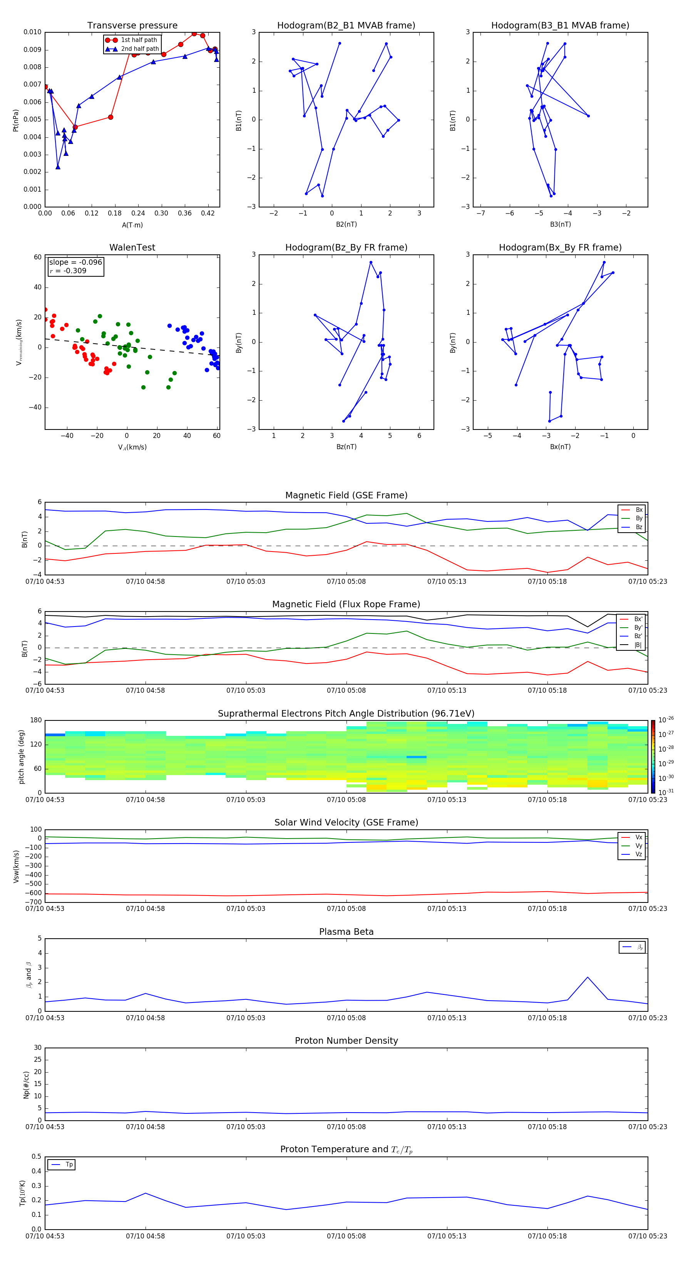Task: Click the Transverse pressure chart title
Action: coord(132,26)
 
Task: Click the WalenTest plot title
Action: coord(132,247)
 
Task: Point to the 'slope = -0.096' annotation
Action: coord(75,262)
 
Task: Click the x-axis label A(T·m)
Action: coord(132,225)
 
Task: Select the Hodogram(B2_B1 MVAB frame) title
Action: coord(346,26)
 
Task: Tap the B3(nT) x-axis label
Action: coord(560,224)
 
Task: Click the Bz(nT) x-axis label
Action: coord(346,447)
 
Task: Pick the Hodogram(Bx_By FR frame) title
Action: coord(560,247)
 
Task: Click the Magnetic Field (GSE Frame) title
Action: coord(346,495)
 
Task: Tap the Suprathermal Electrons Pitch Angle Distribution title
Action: coord(346,714)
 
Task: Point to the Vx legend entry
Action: coord(638,837)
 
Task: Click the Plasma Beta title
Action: coord(346,932)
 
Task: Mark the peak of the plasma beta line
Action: coord(588,977)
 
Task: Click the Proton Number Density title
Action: coord(346,1041)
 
